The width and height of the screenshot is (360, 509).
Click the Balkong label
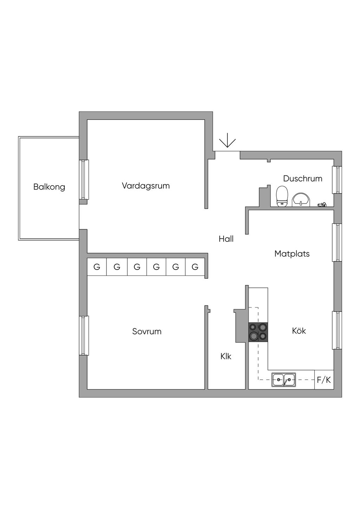(x=49, y=187)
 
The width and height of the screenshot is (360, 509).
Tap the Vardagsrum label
(x=146, y=186)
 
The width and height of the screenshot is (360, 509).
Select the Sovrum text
(x=147, y=331)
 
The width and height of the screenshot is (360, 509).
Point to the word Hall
(x=226, y=239)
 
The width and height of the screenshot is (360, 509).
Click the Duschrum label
(x=302, y=179)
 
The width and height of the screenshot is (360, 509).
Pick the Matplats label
(x=292, y=254)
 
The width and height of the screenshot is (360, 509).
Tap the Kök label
(x=299, y=331)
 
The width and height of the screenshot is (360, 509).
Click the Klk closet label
(x=226, y=356)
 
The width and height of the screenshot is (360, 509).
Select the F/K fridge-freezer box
(x=324, y=380)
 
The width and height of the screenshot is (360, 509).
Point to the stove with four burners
(x=258, y=332)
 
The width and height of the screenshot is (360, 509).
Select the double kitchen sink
(x=283, y=380)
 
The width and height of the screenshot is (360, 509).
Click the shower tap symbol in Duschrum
(x=322, y=204)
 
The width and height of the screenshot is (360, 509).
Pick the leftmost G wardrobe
(x=97, y=267)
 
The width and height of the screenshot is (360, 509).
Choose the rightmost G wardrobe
(x=195, y=267)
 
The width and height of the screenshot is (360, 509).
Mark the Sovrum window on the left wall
(x=83, y=335)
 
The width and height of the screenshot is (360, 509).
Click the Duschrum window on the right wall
(x=337, y=180)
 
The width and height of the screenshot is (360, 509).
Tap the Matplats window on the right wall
(x=337, y=242)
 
